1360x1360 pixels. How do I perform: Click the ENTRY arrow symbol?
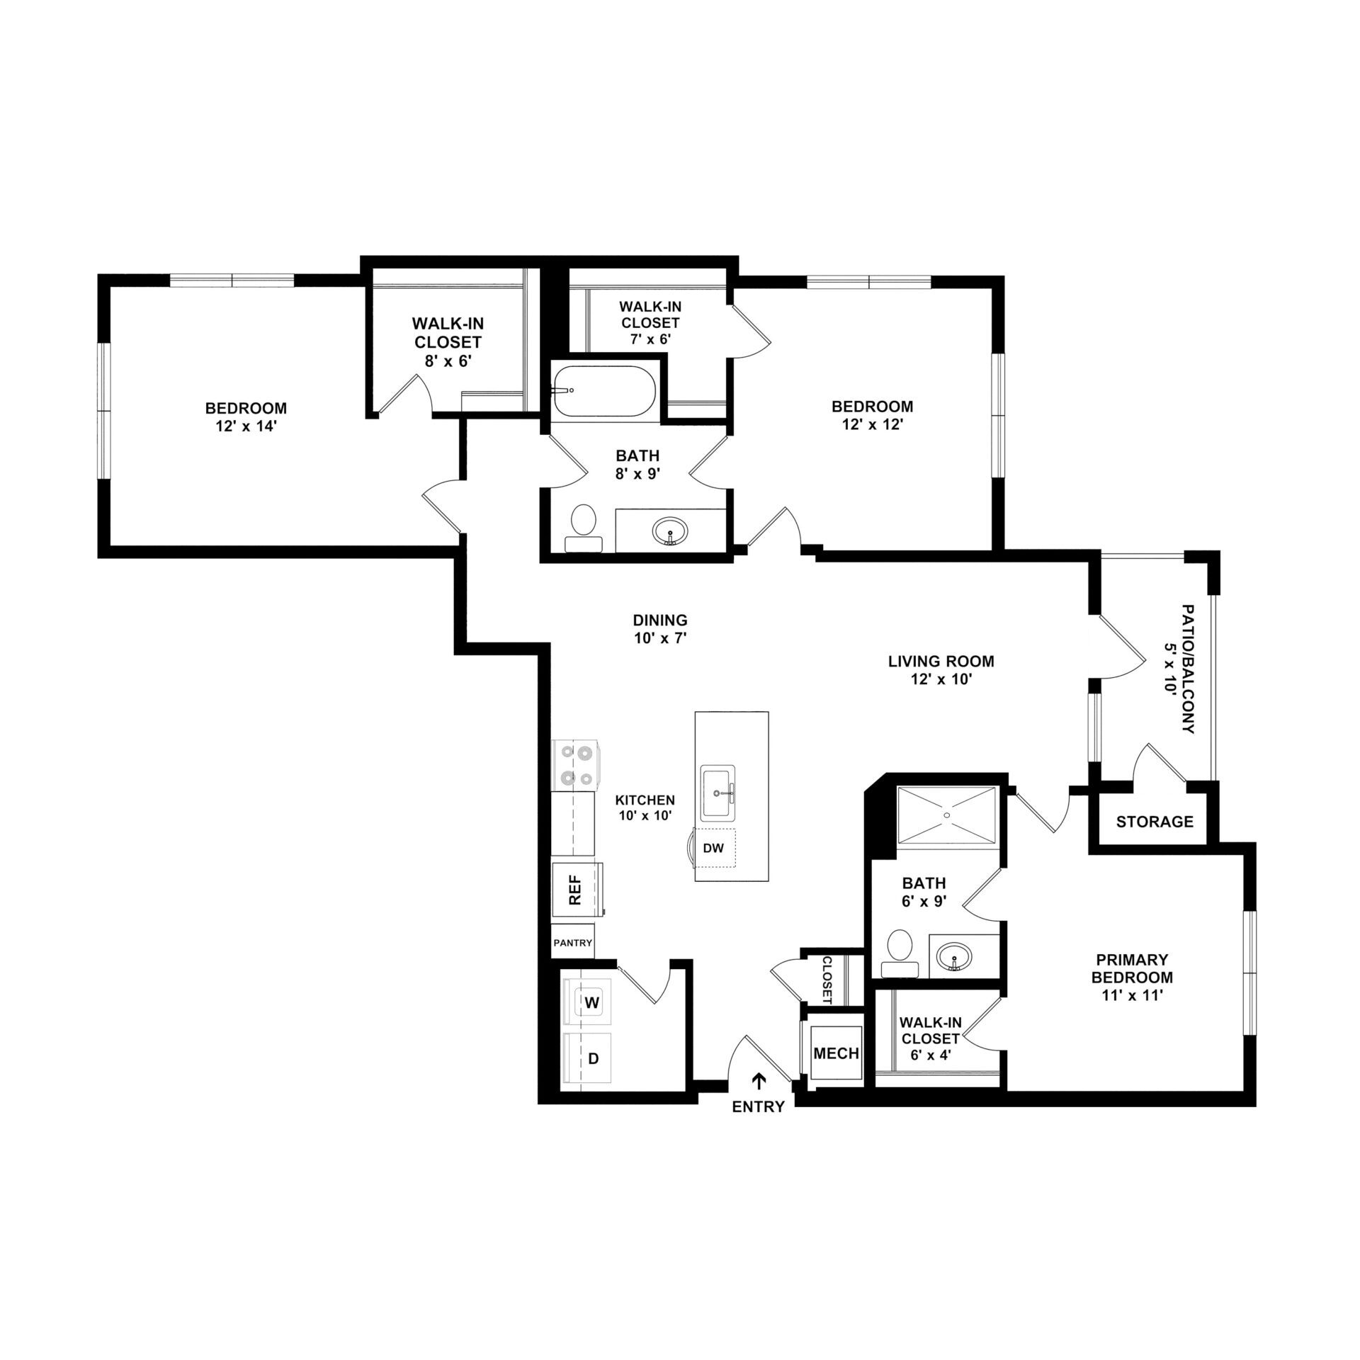coord(759,1080)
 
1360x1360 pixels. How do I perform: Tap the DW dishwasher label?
coord(713,847)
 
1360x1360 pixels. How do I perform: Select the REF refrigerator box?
coord(577,890)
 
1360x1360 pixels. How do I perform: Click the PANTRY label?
coord(572,943)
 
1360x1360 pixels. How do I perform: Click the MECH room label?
coord(836,1053)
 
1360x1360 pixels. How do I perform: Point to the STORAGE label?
coord(1155,822)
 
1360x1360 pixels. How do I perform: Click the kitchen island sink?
coord(718,792)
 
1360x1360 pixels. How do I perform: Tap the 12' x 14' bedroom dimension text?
coord(246,427)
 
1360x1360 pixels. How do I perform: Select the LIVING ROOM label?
coord(941,662)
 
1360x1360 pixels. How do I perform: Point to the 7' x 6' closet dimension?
coord(650,339)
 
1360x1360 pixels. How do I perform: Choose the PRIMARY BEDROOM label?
coord(1132,968)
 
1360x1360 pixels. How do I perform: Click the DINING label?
coord(660,620)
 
